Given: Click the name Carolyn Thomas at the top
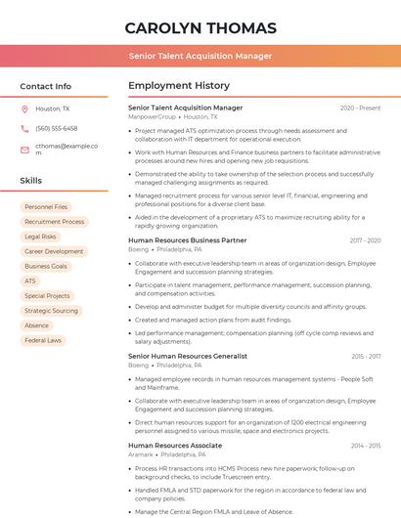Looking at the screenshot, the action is click(x=200, y=27).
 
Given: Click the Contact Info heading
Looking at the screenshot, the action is click(x=45, y=86).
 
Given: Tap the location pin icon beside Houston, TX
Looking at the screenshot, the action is click(x=24, y=109).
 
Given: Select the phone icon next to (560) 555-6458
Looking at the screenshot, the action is click(x=24, y=129).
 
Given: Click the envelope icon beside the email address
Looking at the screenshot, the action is click(x=24, y=150).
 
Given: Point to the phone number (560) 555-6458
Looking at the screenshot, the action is click(x=56, y=129).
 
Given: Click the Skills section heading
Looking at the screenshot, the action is click(x=31, y=181).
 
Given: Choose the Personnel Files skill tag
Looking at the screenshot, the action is click(x=46, y=207).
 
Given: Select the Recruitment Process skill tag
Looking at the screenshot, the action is click(x=54, y=222).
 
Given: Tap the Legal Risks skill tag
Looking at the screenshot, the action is click(x=40, y=237).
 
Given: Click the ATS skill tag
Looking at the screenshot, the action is click(x=30, y=281).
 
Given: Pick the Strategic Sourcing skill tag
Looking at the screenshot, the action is click(x=51, y=311).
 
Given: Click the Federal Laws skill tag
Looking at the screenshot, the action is click(x=43, y=340).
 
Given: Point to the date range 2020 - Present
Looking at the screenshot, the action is click(x=360, y=108).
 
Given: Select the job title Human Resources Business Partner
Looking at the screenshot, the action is click(x=187, y=240).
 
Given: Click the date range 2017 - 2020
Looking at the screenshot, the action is click(x=364, y=240).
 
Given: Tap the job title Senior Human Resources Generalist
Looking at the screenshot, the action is click(x=187, y=357).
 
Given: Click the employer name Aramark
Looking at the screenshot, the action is click(x=139, y=454).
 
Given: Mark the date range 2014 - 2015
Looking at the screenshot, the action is click(x=365, y=446).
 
